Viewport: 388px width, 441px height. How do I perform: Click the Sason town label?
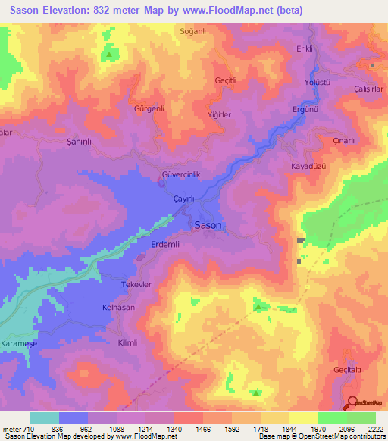coord(208,225)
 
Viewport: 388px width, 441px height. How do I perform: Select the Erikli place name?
coord(305,49)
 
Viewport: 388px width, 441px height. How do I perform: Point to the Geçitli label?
coord(227,79)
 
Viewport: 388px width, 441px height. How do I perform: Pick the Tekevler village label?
coord(137,283)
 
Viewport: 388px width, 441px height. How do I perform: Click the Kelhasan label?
coord(118,307)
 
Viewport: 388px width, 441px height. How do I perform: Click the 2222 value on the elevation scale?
coord(375,429)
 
